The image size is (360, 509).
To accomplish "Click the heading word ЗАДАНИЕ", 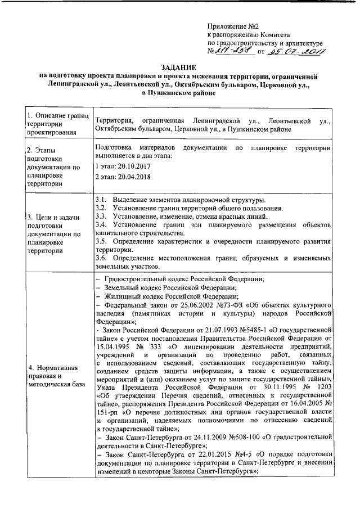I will [179, 66].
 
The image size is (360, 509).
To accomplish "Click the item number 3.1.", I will [102, 201].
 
